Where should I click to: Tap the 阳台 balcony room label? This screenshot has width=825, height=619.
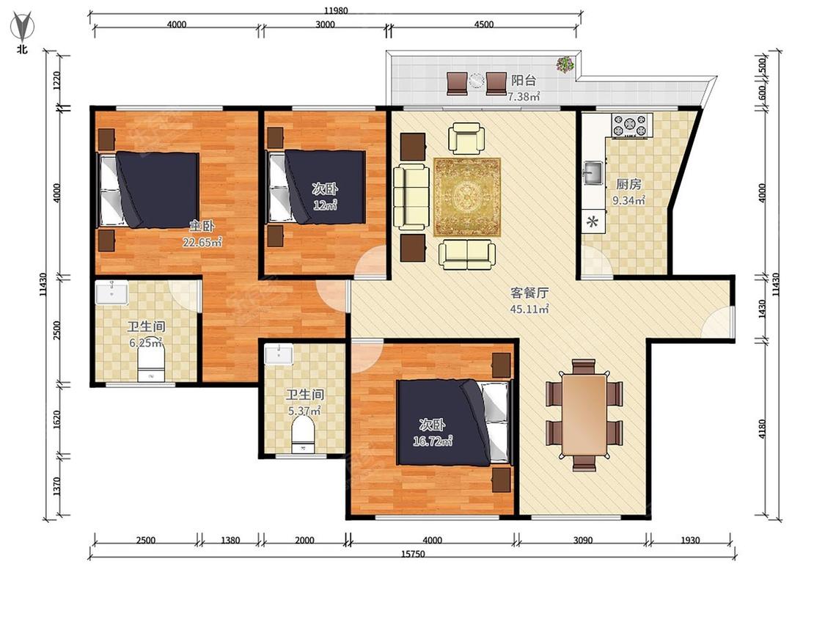(x=524, y=81)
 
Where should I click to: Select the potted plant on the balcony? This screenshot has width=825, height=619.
(x=565, y=65)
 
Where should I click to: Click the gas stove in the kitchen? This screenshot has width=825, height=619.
(x=631, y=126)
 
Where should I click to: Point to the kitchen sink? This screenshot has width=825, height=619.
(x=594, y=172)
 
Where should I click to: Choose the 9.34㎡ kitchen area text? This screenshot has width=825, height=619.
(x=628, y=200)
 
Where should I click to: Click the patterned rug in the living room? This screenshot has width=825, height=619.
(x=466, y=197)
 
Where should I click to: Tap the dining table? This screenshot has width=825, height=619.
(x=584, y=415)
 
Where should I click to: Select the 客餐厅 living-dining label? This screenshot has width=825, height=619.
(x=529, y=293)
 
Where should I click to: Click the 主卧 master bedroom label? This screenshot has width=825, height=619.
(x=202, y=227)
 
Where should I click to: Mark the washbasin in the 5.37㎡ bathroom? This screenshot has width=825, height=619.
(x=279, y=354)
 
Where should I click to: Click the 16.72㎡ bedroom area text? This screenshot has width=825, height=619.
(x=433, y=441)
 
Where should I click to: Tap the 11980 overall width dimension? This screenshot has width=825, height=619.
(x=336, y=10)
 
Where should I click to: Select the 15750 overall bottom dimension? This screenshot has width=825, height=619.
(x=412, y=554)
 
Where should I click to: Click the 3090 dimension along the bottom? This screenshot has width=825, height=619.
(x=583, y=540)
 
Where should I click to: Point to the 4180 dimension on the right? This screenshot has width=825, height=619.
(x=763, y=429)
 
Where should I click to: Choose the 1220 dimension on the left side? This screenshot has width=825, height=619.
(x=57, y=80)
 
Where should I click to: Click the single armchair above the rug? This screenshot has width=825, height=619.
(x=466, y=138)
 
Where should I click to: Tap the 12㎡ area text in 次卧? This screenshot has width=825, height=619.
(x=325, y=205)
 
